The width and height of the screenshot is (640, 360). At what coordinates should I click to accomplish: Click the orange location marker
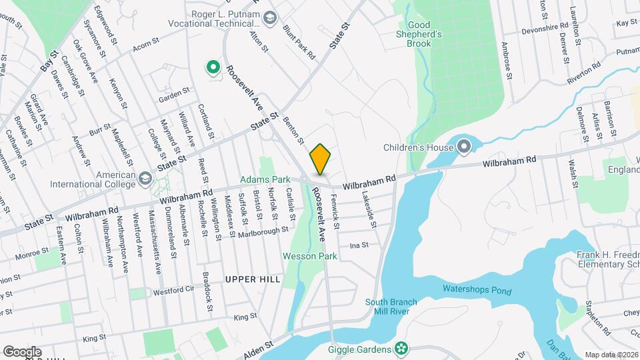320,159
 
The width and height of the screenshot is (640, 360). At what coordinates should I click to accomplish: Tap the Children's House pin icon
464,146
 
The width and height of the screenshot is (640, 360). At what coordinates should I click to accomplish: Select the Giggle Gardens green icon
401,348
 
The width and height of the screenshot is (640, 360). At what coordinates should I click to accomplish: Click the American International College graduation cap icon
145,178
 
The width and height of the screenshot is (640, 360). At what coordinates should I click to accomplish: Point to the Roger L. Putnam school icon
269,17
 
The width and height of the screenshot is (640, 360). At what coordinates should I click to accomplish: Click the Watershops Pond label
477,291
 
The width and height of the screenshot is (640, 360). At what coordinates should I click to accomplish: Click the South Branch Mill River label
392,307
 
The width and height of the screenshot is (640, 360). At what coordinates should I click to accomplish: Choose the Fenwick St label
335,213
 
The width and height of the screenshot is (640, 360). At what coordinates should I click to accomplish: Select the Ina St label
359,245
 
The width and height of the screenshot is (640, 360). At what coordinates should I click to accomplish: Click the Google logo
21,352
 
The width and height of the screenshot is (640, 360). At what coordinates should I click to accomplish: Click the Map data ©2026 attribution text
611,355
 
